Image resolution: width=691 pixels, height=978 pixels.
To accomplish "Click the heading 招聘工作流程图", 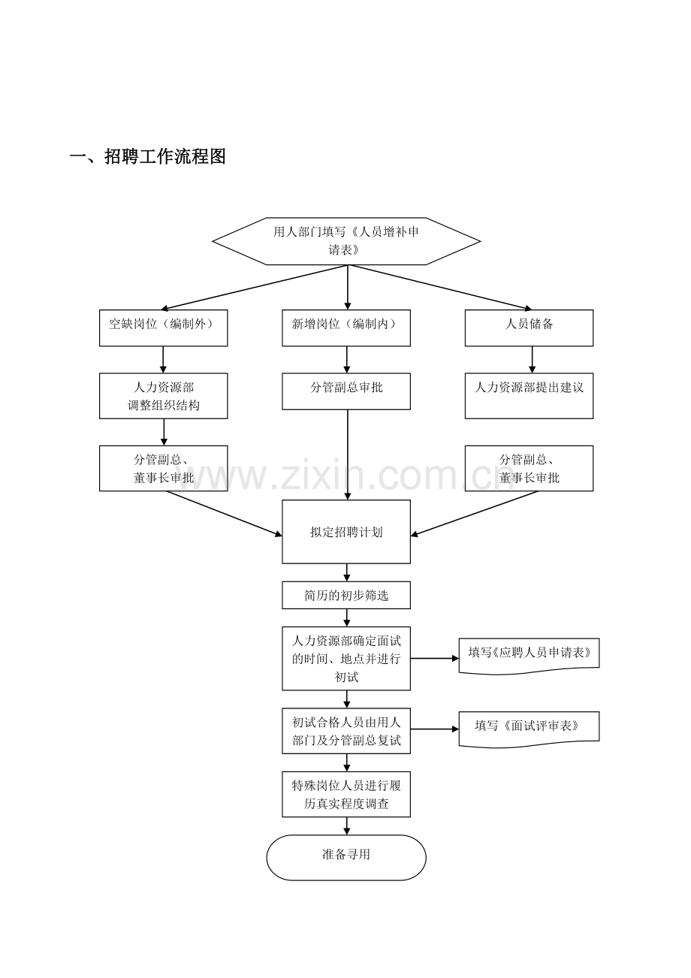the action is point(165,156).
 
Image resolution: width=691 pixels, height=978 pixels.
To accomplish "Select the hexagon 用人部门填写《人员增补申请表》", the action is point(346,241).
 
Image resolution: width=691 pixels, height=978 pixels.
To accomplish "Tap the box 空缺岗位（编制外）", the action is point(163,328).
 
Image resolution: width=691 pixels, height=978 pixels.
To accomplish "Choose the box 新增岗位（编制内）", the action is point(346,328).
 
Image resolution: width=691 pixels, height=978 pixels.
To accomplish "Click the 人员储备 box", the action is point(529,328).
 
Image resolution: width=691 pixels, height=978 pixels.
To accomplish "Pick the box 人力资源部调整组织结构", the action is point(163,396).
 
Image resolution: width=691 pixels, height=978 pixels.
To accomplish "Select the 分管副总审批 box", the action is point(346,391).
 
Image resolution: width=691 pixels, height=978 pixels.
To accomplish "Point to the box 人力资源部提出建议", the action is point(529,396).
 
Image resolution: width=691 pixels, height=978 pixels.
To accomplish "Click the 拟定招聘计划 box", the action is point(346,532).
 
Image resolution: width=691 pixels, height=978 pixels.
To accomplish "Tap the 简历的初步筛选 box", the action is point(346,595).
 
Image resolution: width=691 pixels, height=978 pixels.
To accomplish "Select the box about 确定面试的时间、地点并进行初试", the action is point(346,659).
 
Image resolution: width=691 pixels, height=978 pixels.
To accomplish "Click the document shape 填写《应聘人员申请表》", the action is point(529,656).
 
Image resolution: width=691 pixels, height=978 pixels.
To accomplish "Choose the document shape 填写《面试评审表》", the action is point(529,729).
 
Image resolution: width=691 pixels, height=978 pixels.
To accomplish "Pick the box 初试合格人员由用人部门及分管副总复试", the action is point(346,731).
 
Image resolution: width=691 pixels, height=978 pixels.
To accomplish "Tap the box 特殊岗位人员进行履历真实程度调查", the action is point(346,794).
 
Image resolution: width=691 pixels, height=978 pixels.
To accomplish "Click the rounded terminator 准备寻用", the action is point(346,858).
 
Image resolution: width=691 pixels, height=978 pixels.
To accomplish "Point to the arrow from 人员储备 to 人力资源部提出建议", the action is point(532,360).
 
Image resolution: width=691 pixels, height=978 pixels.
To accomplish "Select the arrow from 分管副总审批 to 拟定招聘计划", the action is point(348,455).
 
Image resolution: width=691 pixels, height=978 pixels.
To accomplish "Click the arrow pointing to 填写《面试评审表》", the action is point(435,729).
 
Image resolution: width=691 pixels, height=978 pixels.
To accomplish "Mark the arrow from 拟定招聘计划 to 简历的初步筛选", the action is point(347,572).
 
